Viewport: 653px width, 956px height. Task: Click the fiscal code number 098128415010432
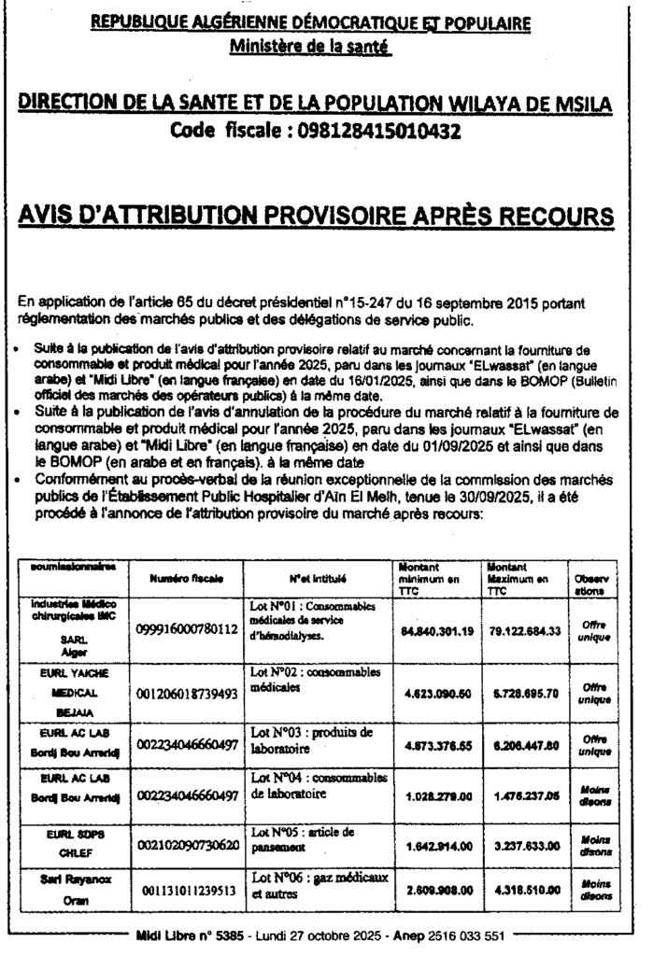point(378,132)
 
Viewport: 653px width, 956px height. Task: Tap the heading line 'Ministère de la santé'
point(315,44)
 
